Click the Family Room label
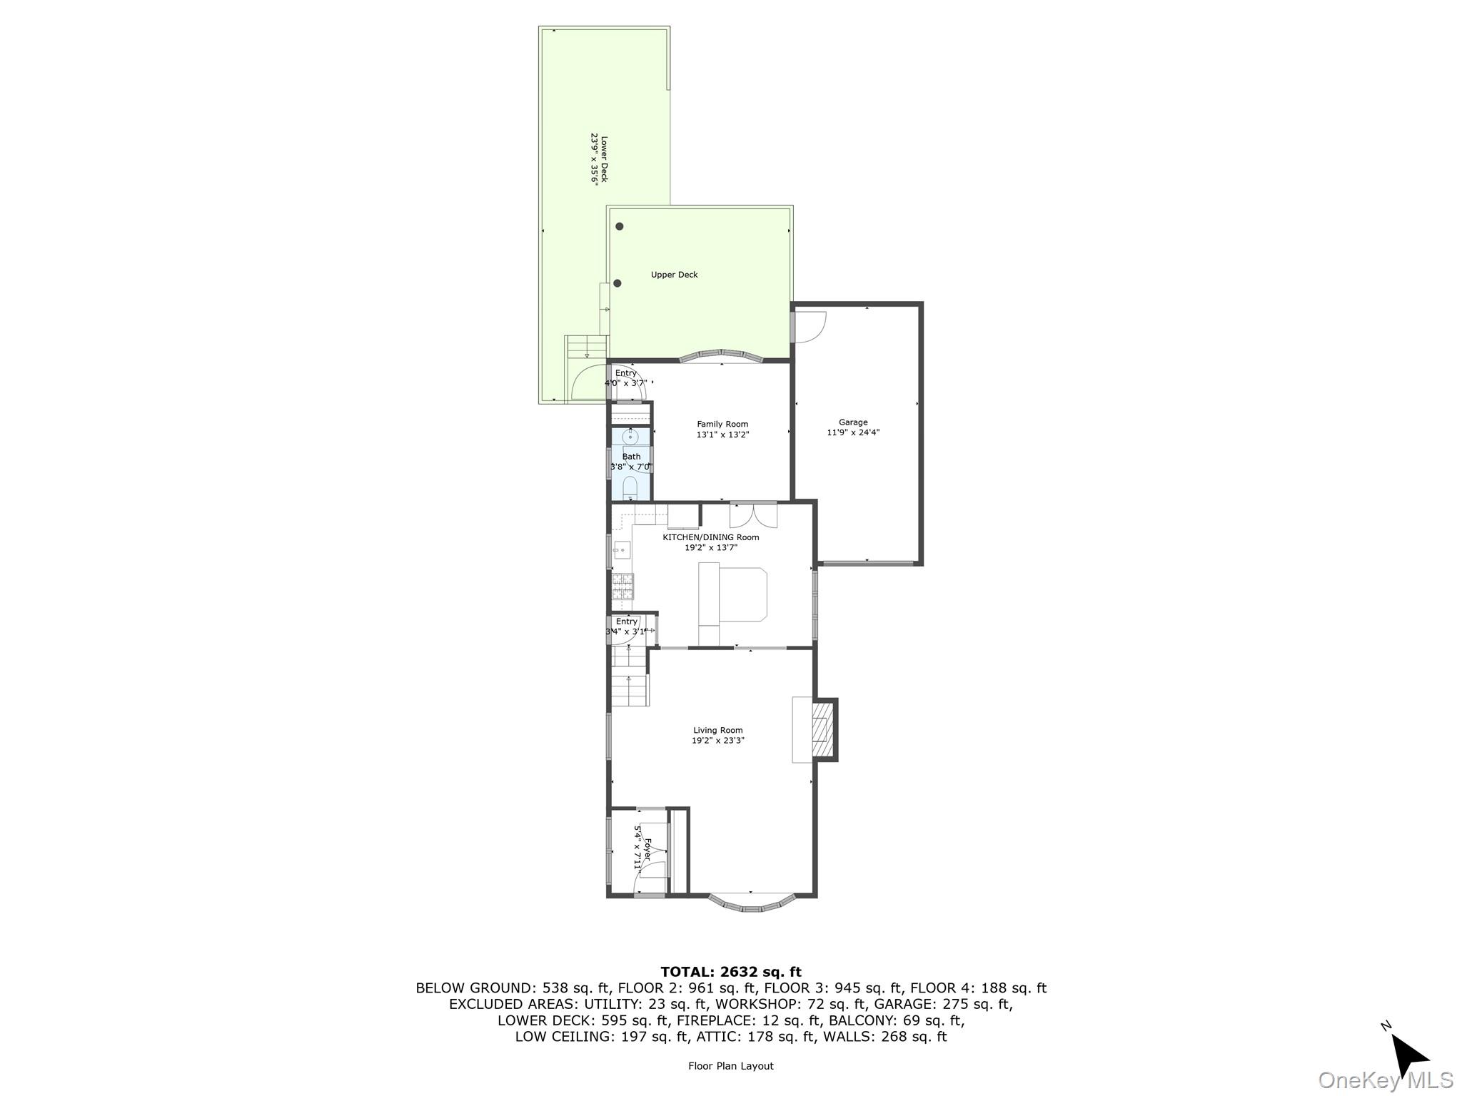coord(722,424)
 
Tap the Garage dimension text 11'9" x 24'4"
coord(853,432)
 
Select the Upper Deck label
coord(674,275)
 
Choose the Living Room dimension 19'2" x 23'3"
coord(717,741)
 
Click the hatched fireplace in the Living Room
coord(824,730)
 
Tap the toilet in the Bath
coord(630,488)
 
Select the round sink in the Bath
coord(630,436)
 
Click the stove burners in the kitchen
coord(622,586)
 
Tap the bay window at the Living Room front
coord(751,905)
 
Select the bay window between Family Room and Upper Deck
coord(722,355)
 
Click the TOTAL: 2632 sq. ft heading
coord(730,972)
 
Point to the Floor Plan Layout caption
coord(730,1066)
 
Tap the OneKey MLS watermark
coord(1384,1080)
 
